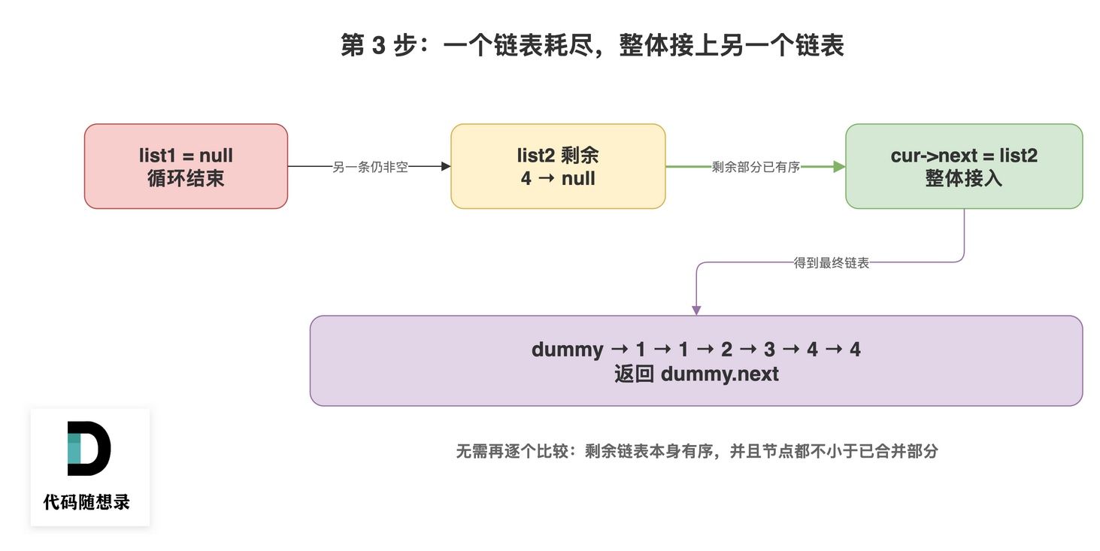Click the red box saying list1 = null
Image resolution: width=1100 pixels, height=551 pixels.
(x=186, y=166)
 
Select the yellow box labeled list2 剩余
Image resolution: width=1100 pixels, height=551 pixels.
(x=558, y=166)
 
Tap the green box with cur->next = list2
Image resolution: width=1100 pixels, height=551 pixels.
(x=964, y=166)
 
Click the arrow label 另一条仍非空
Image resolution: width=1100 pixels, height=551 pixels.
(x=370, y=167)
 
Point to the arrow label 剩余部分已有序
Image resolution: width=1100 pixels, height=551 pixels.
(x=756, y=167)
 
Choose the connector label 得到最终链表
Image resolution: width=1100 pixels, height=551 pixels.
(x=831, y=263)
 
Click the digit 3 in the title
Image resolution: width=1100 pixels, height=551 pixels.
(x=379, y=45)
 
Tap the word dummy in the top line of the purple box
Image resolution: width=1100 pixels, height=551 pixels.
(x=567, y=350)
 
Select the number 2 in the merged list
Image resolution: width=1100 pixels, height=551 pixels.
(x=726, y=350)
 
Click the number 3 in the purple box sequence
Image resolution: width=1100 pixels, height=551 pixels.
(x=769, y=350)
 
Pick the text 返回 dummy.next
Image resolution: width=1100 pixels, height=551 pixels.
(x=696, y=374)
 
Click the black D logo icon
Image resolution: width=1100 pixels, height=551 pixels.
(x=89, y=448)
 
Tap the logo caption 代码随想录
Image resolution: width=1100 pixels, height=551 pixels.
(x=86, y=502)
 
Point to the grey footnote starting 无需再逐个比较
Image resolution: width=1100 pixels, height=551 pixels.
(x=697, y=451)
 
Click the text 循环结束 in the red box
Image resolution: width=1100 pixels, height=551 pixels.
(x=186, y=178)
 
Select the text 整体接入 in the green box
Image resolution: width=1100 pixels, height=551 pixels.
(x=963, y=178)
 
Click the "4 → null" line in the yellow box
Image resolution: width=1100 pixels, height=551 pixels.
(x=558, y=178)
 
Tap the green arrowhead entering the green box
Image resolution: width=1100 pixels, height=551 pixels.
(x=840, y=166)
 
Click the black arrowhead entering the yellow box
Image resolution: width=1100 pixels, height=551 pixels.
(x=446, y=166)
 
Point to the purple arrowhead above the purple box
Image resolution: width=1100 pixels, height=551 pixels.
(x=696, y=310)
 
